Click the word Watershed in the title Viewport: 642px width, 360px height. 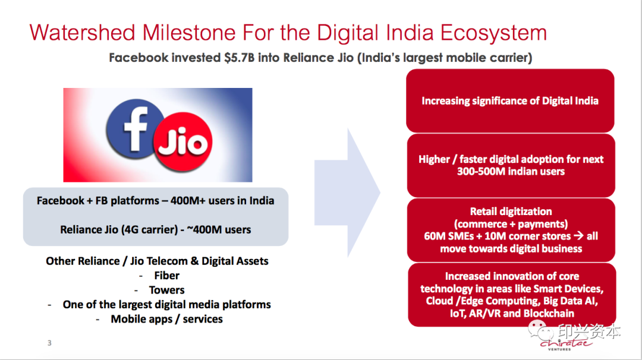82,32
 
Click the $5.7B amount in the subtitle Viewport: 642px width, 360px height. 239,58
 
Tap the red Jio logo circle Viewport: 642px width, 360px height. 182,141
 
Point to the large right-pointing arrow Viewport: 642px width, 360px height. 347,192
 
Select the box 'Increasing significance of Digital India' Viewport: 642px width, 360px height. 510,100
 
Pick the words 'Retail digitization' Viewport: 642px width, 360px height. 511,211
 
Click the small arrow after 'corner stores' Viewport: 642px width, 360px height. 578,236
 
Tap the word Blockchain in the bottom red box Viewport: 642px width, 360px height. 549,313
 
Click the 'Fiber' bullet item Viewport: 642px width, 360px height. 166,276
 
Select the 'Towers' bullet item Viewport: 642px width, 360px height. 166,290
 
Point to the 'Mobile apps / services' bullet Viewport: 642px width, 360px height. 166,319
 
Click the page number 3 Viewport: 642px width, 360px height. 49,343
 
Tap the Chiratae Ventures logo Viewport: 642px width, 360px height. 566,345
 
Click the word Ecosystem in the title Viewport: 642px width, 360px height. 494,33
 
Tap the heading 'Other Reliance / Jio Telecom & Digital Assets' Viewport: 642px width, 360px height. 157,261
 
